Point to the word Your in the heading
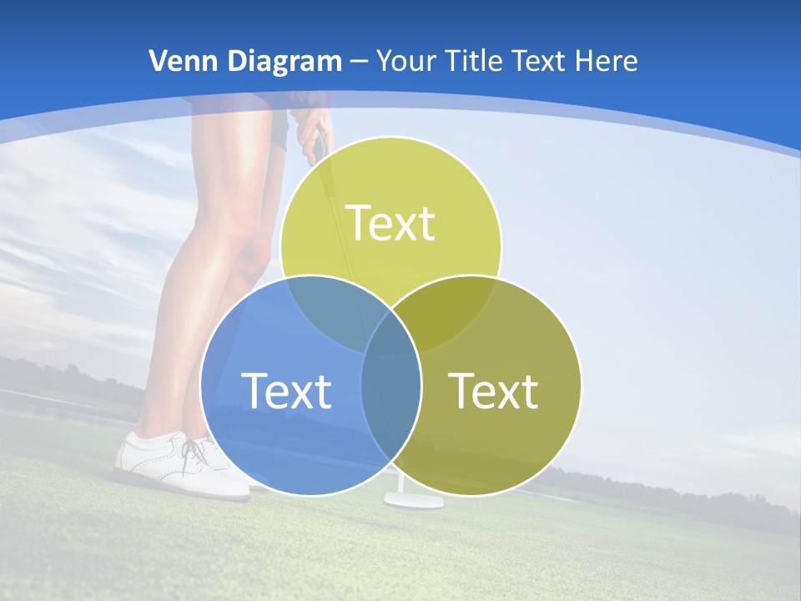(408, 61)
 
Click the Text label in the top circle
(390, 223)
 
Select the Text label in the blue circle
(286, 391)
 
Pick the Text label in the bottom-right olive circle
(493, 391)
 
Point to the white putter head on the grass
(414, 501)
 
